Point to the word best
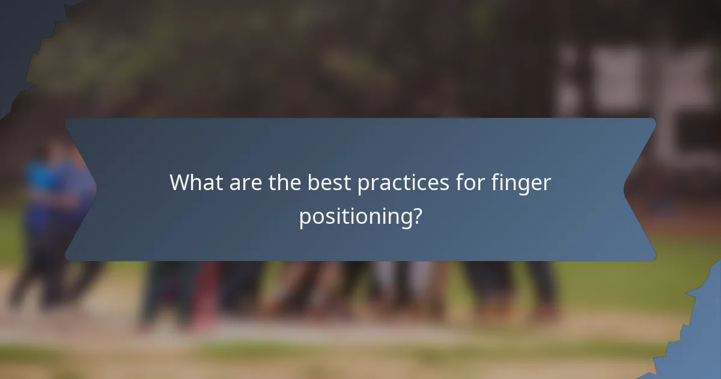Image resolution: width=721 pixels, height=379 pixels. (329, 183)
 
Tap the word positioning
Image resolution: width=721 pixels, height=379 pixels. (354, 217)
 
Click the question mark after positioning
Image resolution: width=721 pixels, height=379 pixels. (416, 215)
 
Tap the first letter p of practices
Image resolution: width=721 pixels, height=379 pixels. (364, 185)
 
